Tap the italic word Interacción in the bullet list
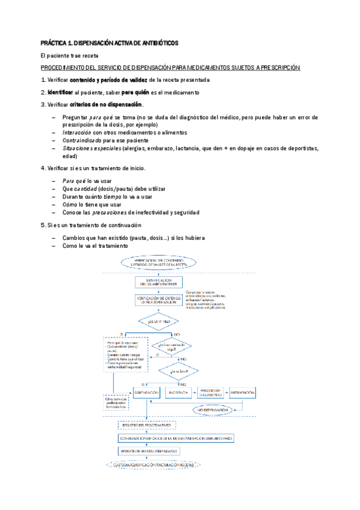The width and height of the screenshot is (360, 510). click(75, 132)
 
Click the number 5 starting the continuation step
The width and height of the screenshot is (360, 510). click(42, 225)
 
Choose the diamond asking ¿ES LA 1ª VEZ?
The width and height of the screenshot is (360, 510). click(159, 322)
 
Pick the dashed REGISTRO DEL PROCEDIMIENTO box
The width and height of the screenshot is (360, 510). click(146, 425)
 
